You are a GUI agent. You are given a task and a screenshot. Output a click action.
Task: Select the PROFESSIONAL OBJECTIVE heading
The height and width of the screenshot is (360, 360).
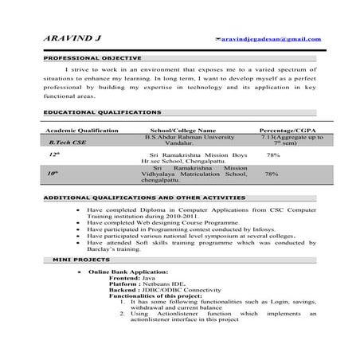[x=92, y=58]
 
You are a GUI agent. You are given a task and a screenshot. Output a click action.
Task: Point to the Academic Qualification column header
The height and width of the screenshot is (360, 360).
[x=82, y=130]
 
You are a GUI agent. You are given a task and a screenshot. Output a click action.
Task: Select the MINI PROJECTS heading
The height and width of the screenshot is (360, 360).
[x=79, y=260]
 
